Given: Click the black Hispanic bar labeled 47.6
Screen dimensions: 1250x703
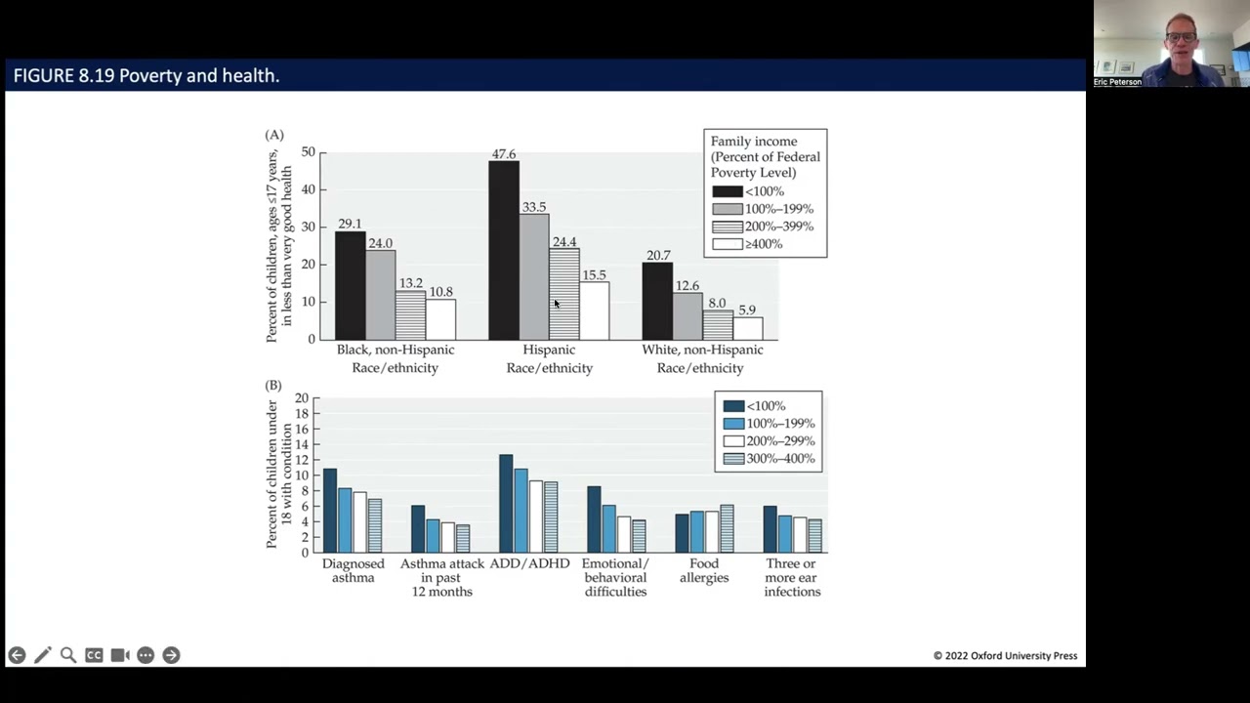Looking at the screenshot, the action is coord(504,251).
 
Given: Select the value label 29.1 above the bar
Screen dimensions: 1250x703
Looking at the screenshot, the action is coord(350,224).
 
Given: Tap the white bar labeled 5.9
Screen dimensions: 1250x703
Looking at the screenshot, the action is coord(748,329).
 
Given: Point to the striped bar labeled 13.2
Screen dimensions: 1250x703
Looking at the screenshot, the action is coord(411,315).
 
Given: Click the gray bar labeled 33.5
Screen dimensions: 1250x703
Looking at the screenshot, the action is coord(534,276).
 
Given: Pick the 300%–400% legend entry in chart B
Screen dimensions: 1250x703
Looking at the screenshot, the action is coord(769,459).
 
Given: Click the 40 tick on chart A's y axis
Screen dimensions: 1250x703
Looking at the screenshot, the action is coord(308,189).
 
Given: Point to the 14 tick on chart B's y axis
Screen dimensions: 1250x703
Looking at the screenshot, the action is coord(302,444).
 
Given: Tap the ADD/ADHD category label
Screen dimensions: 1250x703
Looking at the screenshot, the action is coord(529,563).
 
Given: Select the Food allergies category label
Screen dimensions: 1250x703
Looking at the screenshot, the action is coord(704,570).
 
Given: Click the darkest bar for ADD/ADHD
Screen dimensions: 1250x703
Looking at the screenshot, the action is coord(506,503).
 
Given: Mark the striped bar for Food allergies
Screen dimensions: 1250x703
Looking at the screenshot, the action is coord(728,529).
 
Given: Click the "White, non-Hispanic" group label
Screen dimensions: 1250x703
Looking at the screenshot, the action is coord(702,350).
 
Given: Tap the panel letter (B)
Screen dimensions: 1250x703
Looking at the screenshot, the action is coord(273,386).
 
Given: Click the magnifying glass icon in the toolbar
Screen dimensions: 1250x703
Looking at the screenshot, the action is coord(68,655).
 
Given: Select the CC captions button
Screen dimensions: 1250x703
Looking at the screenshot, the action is coord(94,655).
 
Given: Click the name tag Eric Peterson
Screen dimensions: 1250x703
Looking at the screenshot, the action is coord(1117,82).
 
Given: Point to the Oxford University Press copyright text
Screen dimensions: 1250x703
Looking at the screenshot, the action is coord(1006,655).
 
